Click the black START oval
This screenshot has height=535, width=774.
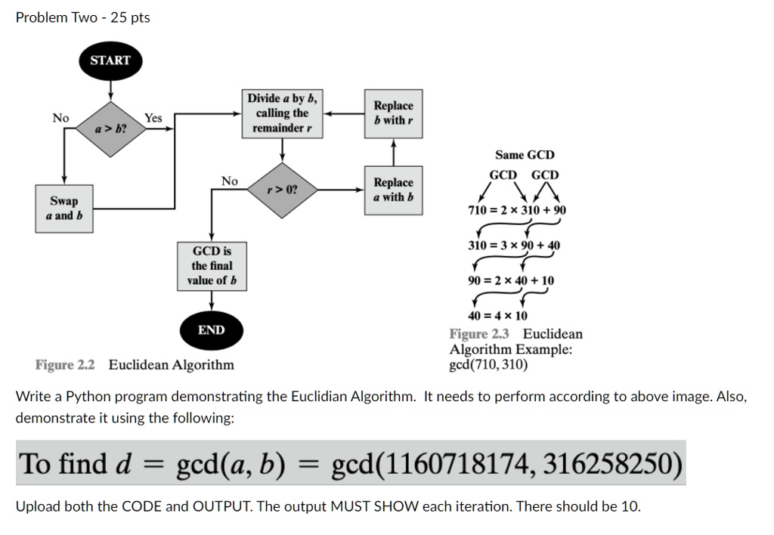pyautogui.click(x=110, y=60)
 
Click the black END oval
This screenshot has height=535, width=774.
pyautogui.click(x=211, y=330)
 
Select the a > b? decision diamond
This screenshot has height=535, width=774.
pyautogui.click(x=110, y=129)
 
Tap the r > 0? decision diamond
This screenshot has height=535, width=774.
pyautogui.click(x=282, y=190)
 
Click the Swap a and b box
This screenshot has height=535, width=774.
pyautogui.click(x=63, y=208)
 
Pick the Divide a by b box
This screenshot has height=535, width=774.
pyautogui.click(x=283, y=113)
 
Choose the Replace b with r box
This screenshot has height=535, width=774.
pyautogui.click(x=394, y=113)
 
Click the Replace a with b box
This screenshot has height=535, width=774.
pyautogui.click(x=394, y=190)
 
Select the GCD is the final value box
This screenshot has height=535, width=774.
pyautogui.click(x=212, y=265)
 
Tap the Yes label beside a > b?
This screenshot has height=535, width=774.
pyautogui.click(x=153, y=118)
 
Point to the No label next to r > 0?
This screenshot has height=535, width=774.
pyautogui.click(x=230, y=181)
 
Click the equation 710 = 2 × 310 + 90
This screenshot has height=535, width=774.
pyautogui.click(x=517, y=209)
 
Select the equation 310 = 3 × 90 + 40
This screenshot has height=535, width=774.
pyautogui.click(x=514, y=245)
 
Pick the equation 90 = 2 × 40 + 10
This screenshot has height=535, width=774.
pyautogui.click(x=511, y=280)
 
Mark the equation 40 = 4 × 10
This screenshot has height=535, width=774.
pyautogui.click(x=498, y=316)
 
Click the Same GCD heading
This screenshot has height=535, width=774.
pyautogui.click(x=525, y=155)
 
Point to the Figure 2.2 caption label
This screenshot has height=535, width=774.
pyautogui.click(x=65, y=365)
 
